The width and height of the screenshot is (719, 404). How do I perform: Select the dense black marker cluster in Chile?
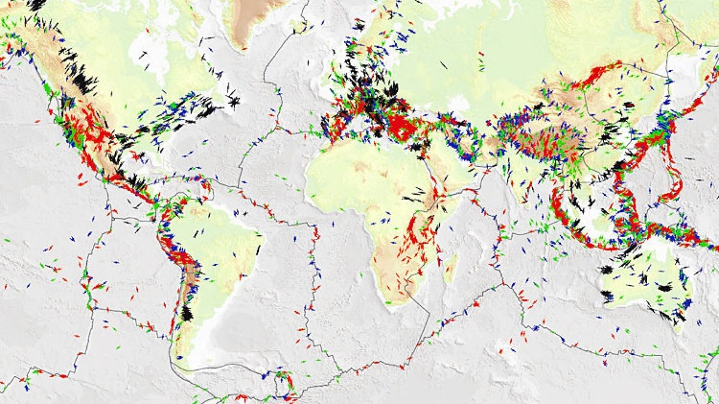click(187, 312)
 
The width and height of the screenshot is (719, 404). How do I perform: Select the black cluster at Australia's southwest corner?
click(606, 294)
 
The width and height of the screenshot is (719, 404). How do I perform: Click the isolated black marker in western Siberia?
click(443, 64)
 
